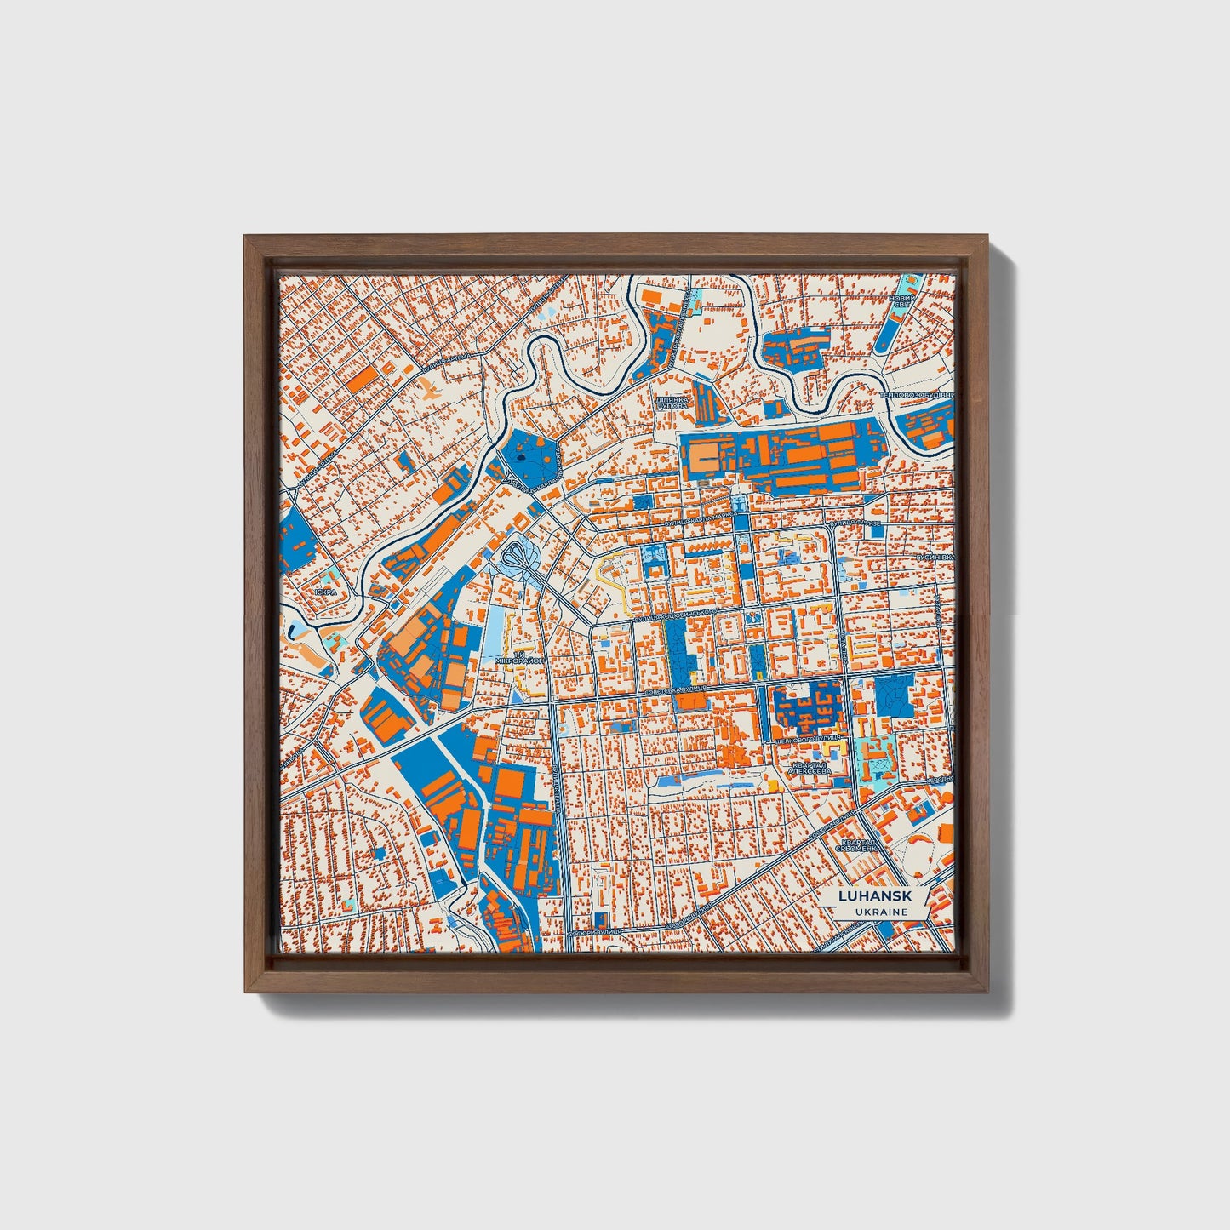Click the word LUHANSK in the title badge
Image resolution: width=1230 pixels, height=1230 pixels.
pos(872,896)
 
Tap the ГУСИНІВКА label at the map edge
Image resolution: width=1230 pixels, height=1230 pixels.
pos(935,557)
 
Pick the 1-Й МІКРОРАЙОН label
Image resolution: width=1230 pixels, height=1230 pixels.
pos(518,657)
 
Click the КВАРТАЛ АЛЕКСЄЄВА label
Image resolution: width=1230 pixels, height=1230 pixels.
pos(809,769)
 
